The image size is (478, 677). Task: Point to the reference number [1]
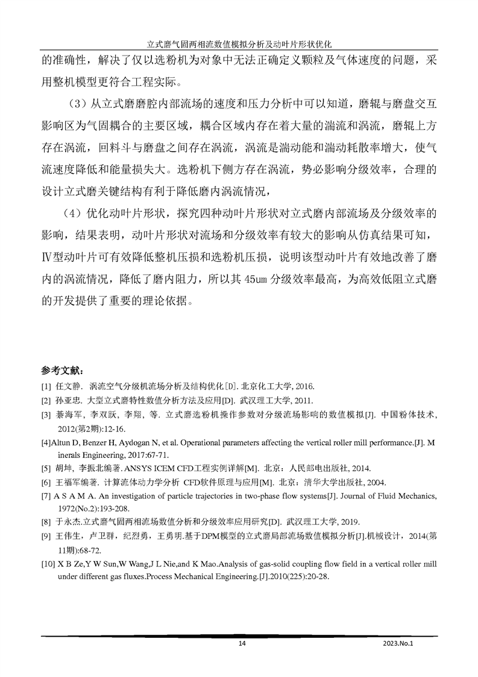point(46,386)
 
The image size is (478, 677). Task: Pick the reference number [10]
point(49,564)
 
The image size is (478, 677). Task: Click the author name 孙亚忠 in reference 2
point(69,401)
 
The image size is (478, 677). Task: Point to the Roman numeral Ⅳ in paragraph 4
point(48,257)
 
